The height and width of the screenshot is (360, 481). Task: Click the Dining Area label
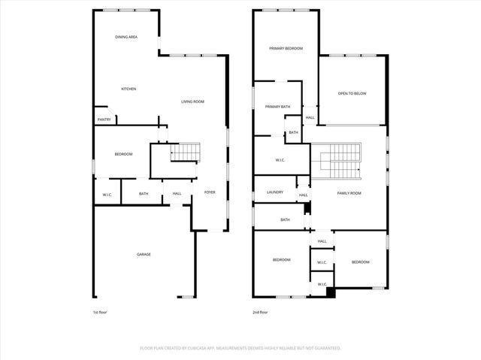click(126, 37)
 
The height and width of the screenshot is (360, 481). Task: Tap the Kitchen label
click(129, 89)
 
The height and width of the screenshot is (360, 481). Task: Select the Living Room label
click(192, 101)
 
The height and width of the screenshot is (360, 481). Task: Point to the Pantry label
click(104, 119)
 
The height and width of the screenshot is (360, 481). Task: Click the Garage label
click(144, 254)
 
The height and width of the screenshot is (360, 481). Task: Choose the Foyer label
click(210, 192)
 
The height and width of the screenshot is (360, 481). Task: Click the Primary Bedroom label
click(286, 48)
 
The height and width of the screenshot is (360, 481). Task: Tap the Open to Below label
click(352, 93)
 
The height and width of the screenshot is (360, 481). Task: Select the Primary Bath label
click(277, 107)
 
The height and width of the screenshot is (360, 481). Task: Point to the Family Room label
click(349, 193)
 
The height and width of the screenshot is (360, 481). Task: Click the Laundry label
click(275, 192)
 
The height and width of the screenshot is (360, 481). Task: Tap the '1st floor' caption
click(99, 311)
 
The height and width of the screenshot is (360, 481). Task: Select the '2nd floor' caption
click(259, 311)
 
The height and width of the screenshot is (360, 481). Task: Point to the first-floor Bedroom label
click(123, 154)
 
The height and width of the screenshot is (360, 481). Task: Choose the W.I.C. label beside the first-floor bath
click(107, 195)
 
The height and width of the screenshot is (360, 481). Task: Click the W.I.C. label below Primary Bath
click(280, 159)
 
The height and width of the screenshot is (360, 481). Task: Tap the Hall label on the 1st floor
click(177, 193)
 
